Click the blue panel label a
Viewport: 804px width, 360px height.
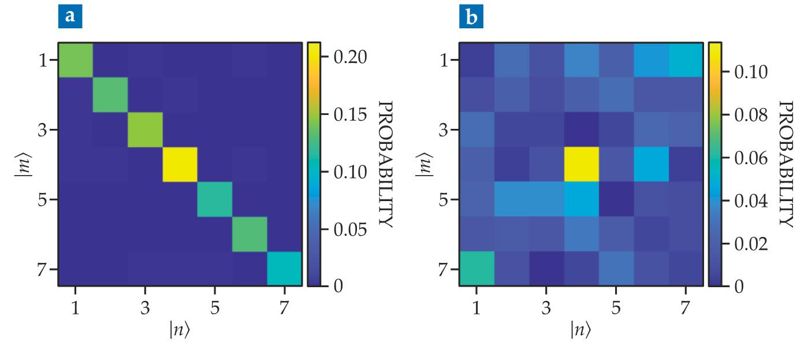[70, 16]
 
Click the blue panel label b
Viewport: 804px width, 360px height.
[472, 17]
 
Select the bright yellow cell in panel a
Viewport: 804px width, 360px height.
[180, 165]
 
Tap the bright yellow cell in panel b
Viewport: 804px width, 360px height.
[582, 165]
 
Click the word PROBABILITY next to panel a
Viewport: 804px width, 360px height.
[385, 164]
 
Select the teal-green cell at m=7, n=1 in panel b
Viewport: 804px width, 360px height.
[477, 269]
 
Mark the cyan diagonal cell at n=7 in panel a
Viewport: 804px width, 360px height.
[284, 269]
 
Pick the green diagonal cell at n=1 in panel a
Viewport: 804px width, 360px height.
[76, 60]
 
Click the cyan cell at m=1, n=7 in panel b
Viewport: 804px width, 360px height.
[686, 60]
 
